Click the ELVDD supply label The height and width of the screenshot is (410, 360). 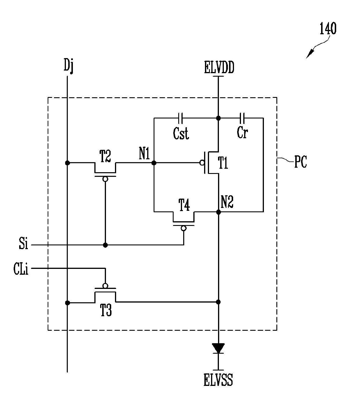click(219, 67)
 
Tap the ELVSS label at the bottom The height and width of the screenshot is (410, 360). click(218, 380)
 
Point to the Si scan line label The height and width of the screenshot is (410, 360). click(24, 243)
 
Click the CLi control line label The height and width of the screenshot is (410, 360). click(21, 269)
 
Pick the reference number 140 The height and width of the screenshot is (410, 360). click(328, 28)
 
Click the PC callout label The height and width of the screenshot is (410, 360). click(300, 162)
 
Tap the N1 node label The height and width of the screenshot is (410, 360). click(144, 153)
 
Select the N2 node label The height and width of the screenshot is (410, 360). click(227, 202)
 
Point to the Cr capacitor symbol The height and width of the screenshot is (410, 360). click(242, 118)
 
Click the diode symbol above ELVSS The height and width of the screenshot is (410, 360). click(218, 348)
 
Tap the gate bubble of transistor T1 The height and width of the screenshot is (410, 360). click(202, 163)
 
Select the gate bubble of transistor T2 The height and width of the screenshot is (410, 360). click(105, 179)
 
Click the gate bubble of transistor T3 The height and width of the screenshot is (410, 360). click(105, 286)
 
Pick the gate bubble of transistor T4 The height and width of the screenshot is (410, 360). click(183, 229)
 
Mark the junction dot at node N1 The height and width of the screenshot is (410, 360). click(154, 163)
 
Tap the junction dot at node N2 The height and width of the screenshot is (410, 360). click(218, 212)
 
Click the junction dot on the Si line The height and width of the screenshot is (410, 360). click(105, 245)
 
